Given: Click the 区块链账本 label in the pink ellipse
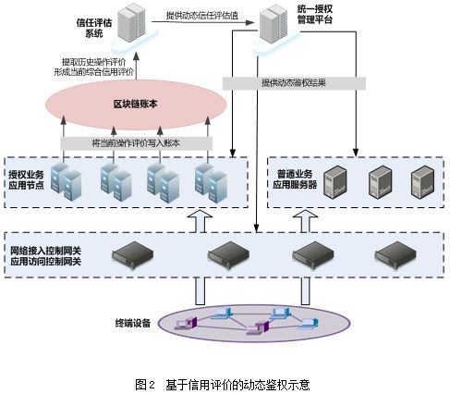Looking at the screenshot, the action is point(135,104).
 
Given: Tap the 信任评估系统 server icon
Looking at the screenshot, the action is point(132,22).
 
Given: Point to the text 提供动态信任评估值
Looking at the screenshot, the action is point(202,16).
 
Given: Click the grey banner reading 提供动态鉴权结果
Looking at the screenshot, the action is point(294,83).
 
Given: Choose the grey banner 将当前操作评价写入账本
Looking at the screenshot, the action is point(136,143).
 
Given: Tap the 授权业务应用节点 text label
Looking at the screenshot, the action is point(26,179).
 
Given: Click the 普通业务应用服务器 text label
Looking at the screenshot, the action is point(295,179).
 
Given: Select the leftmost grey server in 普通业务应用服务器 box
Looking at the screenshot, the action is point(335,182).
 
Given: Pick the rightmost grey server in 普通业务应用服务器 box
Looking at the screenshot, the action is point(423,182).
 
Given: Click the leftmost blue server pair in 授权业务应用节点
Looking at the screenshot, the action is point(67,182).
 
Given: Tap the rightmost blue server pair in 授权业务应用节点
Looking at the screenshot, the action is point(211,183).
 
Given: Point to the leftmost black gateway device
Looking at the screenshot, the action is point(132,255).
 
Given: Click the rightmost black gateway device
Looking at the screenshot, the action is point(395,255).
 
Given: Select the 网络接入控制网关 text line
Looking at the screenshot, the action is point(45,251).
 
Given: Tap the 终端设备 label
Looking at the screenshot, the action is point(133,323).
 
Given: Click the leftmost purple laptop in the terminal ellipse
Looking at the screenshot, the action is point(186,324).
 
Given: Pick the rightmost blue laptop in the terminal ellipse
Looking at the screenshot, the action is point(308,323).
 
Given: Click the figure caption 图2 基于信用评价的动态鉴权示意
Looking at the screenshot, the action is point(223,385).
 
